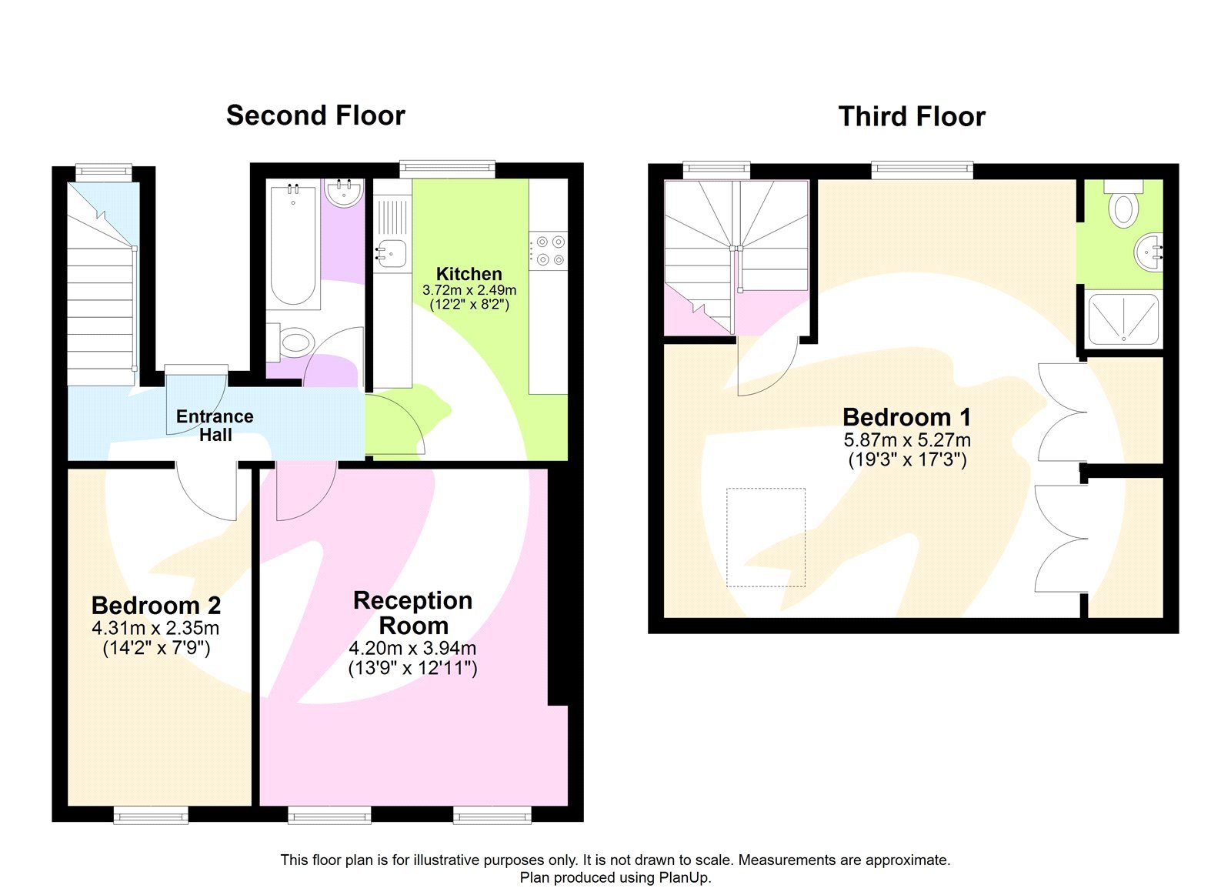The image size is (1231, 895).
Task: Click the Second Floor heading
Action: [x=315, y=115]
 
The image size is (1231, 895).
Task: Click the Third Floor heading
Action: [x=911, y=117]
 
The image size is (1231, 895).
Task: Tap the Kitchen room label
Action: [x=469, y=273]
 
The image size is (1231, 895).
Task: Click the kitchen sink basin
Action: [x=392, y=252]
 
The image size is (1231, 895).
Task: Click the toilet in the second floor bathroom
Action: [x=294, y=342]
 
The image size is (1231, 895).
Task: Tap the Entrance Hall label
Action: [x=215, y=425]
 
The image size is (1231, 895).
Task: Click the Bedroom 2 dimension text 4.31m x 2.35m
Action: [x=155, y=628]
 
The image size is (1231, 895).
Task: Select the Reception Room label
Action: [x=412, y=613]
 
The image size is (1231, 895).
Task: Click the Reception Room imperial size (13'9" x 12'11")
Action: [x=412, y=668]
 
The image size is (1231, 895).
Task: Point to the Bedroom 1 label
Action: [x=906, y=417]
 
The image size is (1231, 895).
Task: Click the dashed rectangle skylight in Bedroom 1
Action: [x=766, y=537]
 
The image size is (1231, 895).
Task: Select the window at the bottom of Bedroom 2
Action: [x=151, y=814]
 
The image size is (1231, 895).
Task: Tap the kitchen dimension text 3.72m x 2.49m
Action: [x=469, y=290]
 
